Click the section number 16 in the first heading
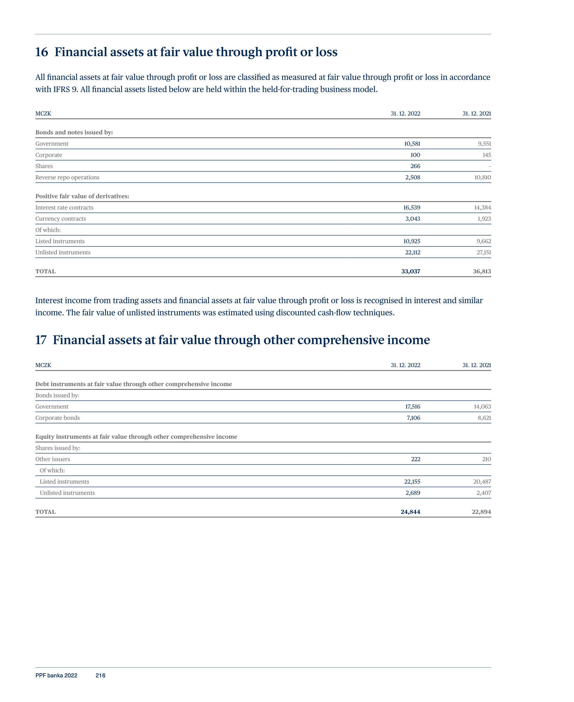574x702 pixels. (x=42, y=52)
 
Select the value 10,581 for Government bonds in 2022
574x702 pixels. (x=412, y=143)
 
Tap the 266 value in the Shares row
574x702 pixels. (x=415, y=166)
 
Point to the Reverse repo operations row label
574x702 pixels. (x=67, y=177)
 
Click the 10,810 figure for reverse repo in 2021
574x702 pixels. (x=483, y=177)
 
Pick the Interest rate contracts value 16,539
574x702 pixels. (x=412, y=207)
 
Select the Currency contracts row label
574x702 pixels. (x=61, y=219)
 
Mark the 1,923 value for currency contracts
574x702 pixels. (x=484, y=219)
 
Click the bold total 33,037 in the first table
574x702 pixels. (x=411, y=271)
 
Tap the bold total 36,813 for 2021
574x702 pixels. (x=482, y=271)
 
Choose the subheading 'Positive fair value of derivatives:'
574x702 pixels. (x=82, y=196)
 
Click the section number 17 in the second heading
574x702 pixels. (x=41, y=340)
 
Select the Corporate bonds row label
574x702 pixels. (x=58, y=418)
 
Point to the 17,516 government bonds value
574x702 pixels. (x=413, y=407)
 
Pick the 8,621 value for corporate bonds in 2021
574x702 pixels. (x=484, y=418)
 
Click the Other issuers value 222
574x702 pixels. (x=416, y=459)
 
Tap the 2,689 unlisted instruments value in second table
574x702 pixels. (x=413, y=493)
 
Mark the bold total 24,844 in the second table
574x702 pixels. (x=410, y=512)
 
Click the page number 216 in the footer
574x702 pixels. (x=100, y=675)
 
